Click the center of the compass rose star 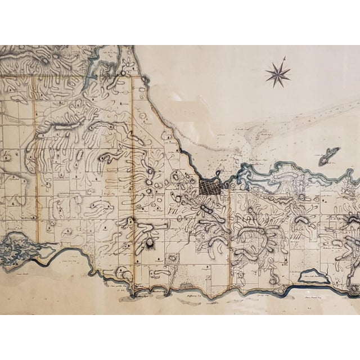pos(277,74)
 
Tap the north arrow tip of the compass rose pos(285,57)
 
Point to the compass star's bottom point pos(276,88)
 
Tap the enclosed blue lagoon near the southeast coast pos(314,276)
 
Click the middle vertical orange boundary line pos(133,169)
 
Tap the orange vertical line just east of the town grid pos(229,236)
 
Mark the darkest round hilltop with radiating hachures pos(150,243)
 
